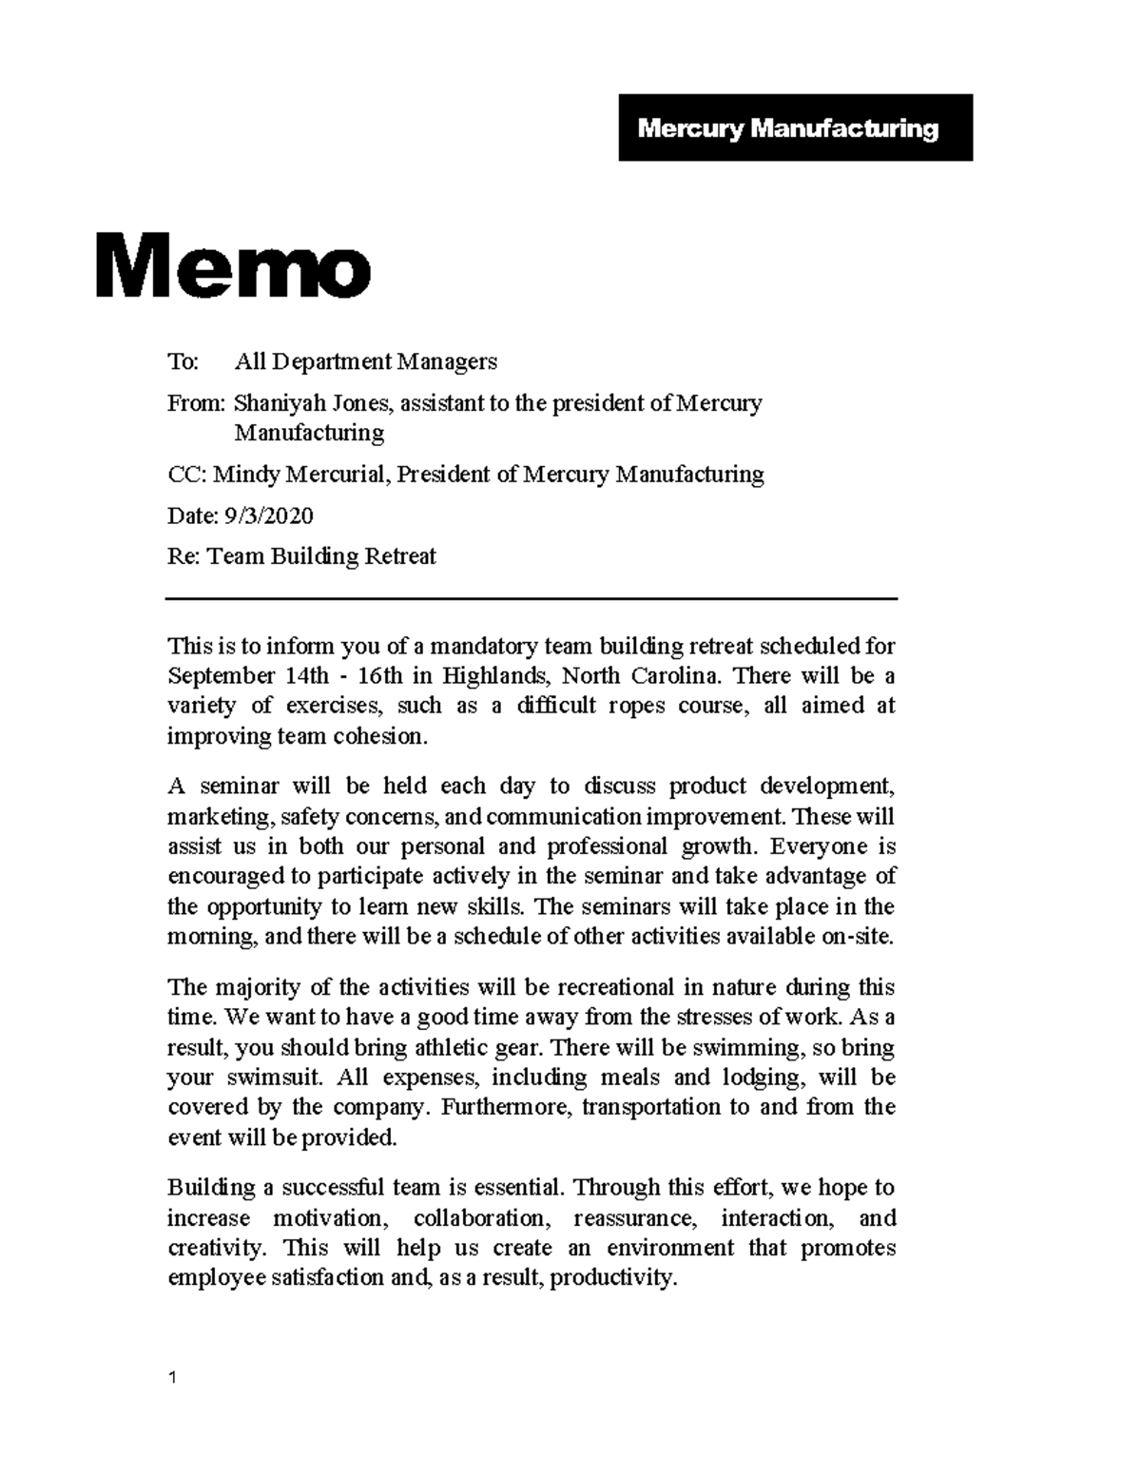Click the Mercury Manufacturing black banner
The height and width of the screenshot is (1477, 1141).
(795, 127)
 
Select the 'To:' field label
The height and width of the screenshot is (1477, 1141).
(183, 361)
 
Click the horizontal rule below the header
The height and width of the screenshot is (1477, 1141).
(532, 598)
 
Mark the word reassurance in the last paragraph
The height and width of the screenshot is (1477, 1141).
(634, 1218)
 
